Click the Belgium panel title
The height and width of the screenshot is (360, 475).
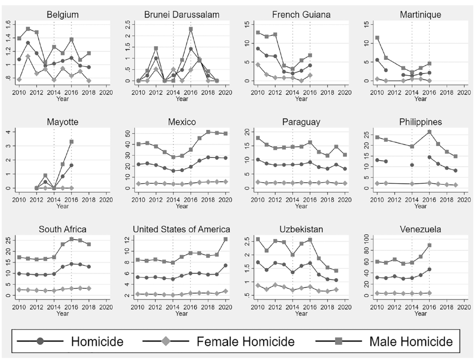pos(63,15)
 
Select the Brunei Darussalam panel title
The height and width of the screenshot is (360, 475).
pos(182,15)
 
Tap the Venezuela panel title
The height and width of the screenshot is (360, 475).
pos(420,229)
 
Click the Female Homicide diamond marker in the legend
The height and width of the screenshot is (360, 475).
pos(166,341)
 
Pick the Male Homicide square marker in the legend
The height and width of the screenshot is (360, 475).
pos(339,341)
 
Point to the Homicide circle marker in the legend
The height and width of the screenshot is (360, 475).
pos(40,341)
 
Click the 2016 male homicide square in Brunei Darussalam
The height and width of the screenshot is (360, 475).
pos(191,29)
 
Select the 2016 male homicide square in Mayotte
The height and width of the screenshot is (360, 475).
pos(71,142)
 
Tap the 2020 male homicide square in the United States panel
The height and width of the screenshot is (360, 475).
pos(226,239)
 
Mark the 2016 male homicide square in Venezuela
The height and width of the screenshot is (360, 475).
pos(430,245)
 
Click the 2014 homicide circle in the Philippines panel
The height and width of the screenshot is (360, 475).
pos(412,165)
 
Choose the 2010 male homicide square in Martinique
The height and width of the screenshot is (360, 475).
pos(377,38)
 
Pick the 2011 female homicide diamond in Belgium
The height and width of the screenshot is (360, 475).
pos(28,56)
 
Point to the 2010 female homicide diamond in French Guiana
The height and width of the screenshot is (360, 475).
pos(258,65)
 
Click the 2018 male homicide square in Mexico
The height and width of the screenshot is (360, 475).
pos(208,132)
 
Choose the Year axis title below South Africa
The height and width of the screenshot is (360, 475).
pos(63,314)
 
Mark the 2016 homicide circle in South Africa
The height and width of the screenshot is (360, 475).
pos(71,264)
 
